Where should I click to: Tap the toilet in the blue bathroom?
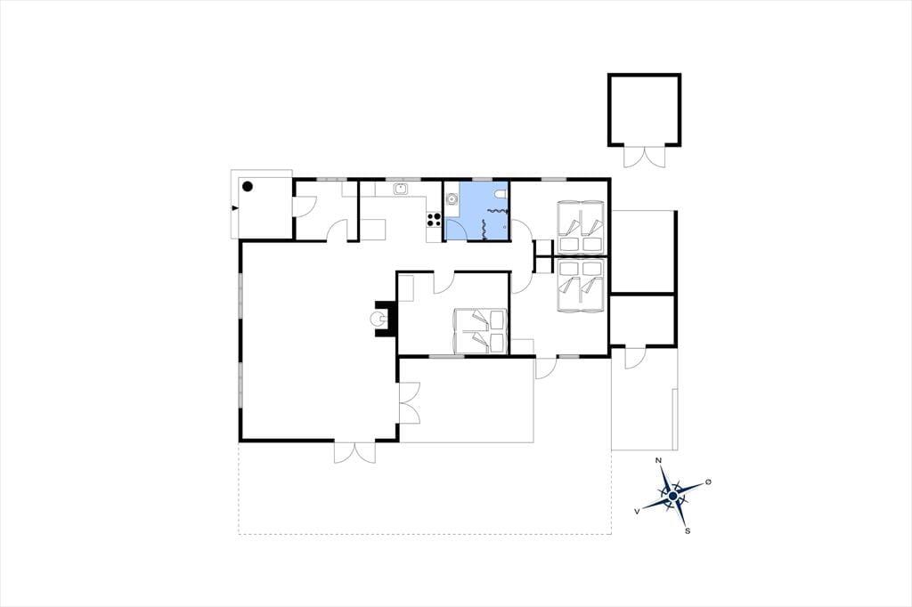click(x=501, y=194)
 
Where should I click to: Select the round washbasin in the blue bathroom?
click(x=452, y=198)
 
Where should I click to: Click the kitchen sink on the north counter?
click(x=400, y=189)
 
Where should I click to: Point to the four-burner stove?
click(x=434, y=219)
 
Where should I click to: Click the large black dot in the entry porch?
click(x=248, y=187)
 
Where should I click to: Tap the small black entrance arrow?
click(x=235, y=207)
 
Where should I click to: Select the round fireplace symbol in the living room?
click(x=378, y=318)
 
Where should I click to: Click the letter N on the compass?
click(x=658, y=460)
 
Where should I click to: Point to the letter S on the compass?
click(x=688, y=530)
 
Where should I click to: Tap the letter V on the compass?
click(x=638, y=511)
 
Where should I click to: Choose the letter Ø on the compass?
click(x=708, y=482)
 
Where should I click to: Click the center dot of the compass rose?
click(x=673, y=496)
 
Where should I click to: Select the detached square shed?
click(x=645, y=109)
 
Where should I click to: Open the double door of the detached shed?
click(x=645, y=157)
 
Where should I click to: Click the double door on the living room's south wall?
click(x=354, y=452)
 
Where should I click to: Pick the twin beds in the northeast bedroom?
click(x=581, y=227)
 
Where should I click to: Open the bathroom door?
click(x=456, y=229)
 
